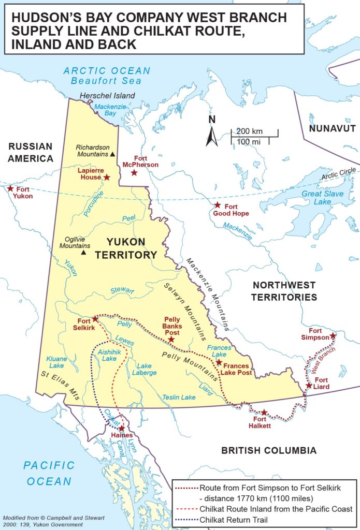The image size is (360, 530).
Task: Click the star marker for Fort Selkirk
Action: [95, 319]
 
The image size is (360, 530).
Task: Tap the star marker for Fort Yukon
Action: [9, 189]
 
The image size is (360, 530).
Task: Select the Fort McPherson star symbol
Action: [134, 172]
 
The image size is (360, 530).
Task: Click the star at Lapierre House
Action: [107, 178]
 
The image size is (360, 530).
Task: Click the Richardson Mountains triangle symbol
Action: [112, 154]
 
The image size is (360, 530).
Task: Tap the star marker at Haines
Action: [122, 429]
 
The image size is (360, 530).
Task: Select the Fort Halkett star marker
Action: [264, 413]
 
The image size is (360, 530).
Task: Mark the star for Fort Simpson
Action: [333, 336]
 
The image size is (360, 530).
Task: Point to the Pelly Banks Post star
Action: [171, 340]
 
